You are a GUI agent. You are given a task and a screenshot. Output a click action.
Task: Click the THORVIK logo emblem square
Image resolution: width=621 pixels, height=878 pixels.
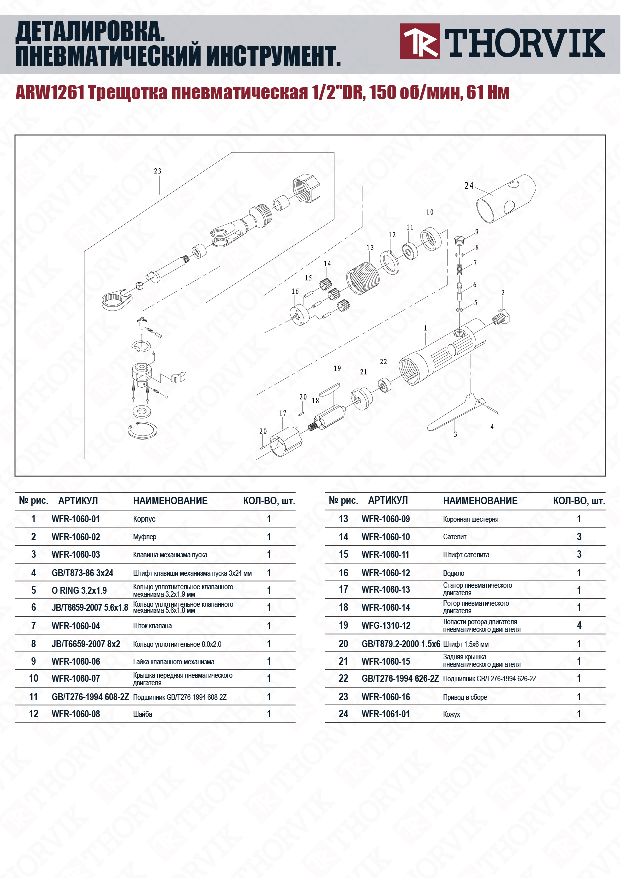click(x=420, y=41)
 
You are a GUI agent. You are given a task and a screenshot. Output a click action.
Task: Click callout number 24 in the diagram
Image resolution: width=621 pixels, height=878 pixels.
click(x=469, y=186)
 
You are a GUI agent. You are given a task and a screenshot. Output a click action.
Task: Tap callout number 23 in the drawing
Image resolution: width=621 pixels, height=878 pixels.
click(x=158, y=171)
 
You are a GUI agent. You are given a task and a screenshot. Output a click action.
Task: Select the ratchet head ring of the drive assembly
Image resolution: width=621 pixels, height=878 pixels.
click(x=115, y=300)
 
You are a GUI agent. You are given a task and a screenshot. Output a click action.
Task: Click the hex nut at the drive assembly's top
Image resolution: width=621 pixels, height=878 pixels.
click(x=307, y=188)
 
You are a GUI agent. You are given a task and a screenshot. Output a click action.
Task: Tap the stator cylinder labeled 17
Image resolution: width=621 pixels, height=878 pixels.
click(x=286, y=441)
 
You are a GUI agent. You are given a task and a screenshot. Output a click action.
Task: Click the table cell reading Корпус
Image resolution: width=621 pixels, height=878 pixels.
click(x=144, y=519)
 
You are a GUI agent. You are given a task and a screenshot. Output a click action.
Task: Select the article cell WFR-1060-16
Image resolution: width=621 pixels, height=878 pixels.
click(x=386, y=697)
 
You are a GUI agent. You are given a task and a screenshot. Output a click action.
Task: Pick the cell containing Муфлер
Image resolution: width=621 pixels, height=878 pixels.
click(x=145, y=537)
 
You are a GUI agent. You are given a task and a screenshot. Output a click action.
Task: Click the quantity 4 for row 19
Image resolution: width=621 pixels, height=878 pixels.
click(x=579, y=625)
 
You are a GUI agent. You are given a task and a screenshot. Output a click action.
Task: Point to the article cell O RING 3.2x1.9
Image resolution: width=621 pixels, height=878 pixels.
click(x=79, y=590)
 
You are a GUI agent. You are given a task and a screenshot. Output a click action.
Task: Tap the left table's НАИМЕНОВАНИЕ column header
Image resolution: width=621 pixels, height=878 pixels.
click(x=170, y=501)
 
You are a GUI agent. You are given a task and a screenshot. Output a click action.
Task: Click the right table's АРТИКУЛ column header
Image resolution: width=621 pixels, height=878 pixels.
click(x=388, y=501)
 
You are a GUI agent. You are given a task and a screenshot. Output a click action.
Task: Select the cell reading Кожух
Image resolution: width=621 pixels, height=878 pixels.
click(x=451, y=714)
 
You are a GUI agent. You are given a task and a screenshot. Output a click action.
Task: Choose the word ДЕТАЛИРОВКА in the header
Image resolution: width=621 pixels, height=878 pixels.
click(x=90, y=32)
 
